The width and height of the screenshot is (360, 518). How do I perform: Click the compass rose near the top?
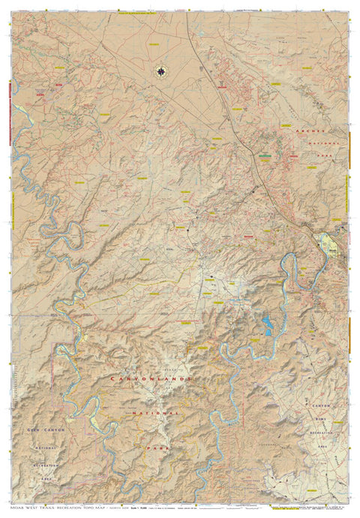[x=161, y=72]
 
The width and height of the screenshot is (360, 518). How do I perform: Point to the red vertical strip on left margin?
[x=6, y=113]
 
